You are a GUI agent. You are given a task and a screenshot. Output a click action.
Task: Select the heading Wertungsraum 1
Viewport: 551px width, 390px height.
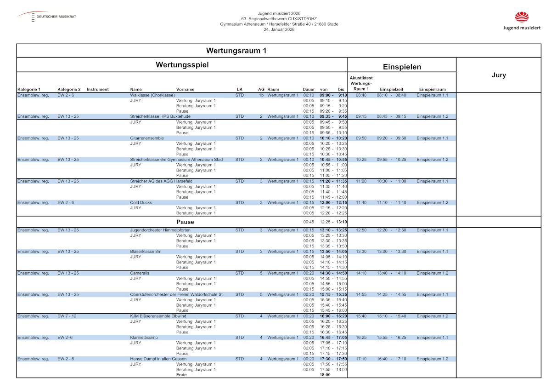pyautogui.click(x=236, y=51)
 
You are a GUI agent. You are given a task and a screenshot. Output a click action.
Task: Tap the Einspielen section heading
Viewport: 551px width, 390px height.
pyautogui.click(x=402, y=67)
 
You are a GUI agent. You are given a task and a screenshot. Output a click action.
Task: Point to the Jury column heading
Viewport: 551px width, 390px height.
pyautogui.click(x=499, y=75)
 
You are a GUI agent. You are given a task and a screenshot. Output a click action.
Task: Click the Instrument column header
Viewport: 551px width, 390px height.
pyautogui.click(x=97, y=89)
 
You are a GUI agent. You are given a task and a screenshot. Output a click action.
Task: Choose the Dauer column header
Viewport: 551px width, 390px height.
pyautogui.click(x=309, y=89)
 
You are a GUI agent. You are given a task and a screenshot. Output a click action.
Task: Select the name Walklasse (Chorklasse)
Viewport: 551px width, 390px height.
pyautogui.click(x=152, y=95)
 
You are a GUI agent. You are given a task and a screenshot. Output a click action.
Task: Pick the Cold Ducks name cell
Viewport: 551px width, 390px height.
pyautogui.click(x=141, y=202)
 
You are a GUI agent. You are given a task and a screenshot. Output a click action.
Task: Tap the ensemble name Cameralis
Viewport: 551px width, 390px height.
pyautogui.click(x=140, y=273)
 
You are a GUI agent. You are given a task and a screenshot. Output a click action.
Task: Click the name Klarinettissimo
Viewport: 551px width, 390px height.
pyautogui.click(x=144, y=338)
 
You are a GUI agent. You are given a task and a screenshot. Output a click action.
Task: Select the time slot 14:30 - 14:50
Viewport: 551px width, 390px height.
pyautogui.click(x=333, y=273)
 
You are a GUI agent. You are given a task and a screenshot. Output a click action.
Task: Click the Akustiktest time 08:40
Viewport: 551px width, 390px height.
pyautogui.click(x=361, y=95)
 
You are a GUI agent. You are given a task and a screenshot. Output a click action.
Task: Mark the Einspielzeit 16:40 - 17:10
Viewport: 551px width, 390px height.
pyautogui.click(x=391, y=359)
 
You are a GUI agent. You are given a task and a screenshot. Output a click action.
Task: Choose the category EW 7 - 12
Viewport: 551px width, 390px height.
pyautogui.click(x=67, y=316)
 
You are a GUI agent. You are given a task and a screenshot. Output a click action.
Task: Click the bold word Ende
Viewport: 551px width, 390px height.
pyautogui.click(x=181, y=375)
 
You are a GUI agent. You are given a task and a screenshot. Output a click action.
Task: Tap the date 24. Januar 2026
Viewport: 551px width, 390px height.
pyautogui.click(x=279, y=29)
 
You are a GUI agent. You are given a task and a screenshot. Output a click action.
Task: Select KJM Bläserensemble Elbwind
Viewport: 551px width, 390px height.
pyautogui.click(x=159, y=316)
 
